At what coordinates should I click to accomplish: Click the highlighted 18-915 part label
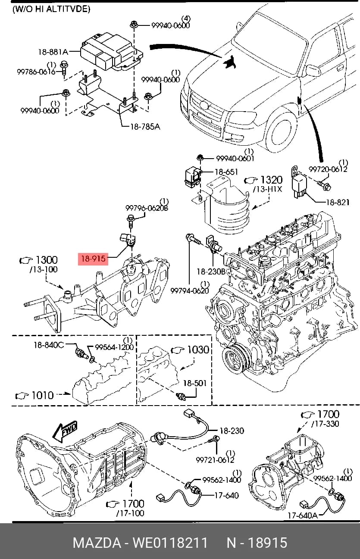[93, 259]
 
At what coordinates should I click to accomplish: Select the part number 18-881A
[53, 52]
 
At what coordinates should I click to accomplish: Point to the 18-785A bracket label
[145, 127]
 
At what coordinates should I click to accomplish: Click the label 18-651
[226, 172]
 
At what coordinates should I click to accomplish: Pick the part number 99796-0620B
[147, 208]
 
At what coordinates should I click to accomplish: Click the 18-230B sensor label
[211, 272]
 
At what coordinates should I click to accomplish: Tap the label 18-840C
[49, 345]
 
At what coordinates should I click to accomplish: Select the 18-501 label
[195, 383]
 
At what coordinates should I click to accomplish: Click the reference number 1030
[198, 350]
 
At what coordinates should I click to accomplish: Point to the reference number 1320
[272, 180]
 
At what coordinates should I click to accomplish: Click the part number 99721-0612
[215, 459]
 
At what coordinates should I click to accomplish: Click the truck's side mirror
[313, 70]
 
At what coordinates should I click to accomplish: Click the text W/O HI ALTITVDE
[51, 9]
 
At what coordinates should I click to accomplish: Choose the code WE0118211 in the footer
[170, 542]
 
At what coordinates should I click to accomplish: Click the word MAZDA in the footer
[97, 542]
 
